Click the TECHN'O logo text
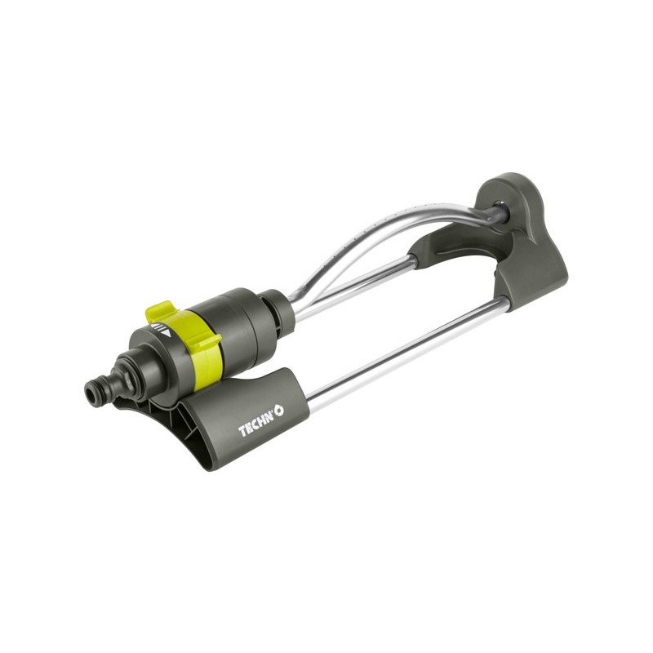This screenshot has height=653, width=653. [260, 421]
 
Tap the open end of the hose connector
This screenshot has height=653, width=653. [92, 393]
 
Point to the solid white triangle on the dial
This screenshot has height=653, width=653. [167, 333]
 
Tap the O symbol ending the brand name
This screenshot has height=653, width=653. [279, 411]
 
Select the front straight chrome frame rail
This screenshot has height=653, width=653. [408, 349]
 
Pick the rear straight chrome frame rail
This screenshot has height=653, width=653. [354, 287]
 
